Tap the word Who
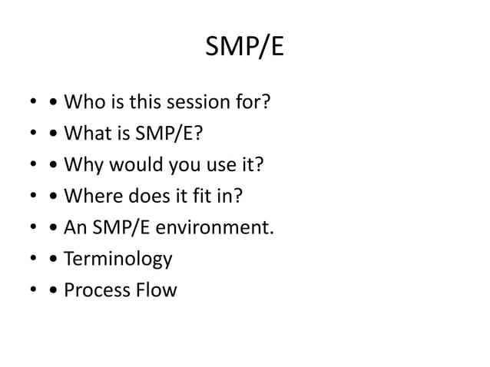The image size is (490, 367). coord(84,102)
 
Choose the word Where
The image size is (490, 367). coord(91,197)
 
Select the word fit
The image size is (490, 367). coord(199,197)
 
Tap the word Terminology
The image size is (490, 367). coord(118,260)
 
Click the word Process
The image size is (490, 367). coord(96,291)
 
